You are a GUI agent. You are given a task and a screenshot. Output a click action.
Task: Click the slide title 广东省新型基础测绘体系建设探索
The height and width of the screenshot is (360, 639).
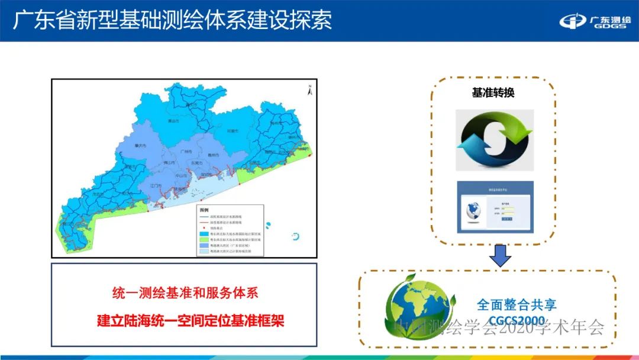pyautogui.click(x=172, y=20)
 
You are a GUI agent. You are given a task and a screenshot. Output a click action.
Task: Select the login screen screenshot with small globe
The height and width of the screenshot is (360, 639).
pyautogui.click(x=495, y=207)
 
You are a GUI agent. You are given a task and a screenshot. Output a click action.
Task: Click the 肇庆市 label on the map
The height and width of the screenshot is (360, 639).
pyautogui.click(x=140, y=146)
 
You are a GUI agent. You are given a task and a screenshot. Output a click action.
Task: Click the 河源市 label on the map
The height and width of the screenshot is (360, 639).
pyautogui.click(x=233, y=131)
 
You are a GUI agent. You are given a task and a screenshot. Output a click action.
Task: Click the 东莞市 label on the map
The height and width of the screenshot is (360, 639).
pyautogui.click(x=196, y=163)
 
